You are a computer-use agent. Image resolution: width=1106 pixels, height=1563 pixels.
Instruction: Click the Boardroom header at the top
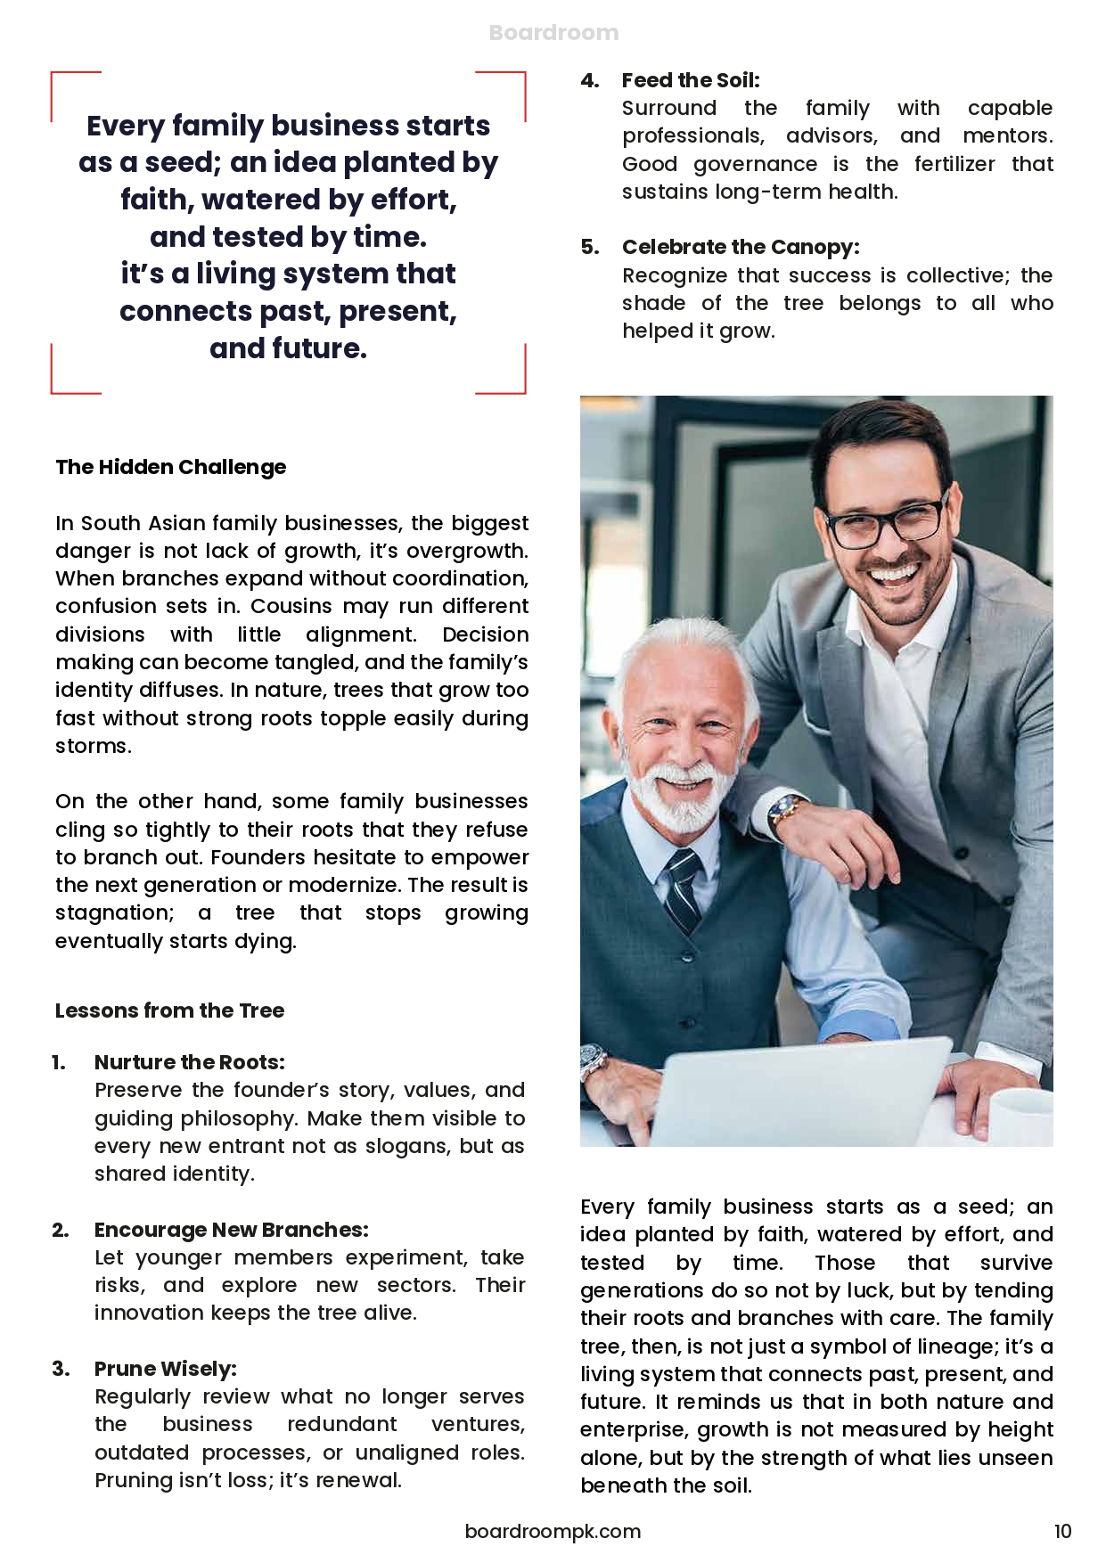coord(553,33)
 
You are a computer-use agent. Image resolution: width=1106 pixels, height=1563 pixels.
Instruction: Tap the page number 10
coord(1062,1531)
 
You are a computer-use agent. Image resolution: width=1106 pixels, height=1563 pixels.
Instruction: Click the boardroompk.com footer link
coord(553,1531)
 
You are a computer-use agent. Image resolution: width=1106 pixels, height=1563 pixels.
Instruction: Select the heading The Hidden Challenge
coord(171,467)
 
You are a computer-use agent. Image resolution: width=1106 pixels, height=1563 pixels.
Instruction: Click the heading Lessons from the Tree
coord(169,1010)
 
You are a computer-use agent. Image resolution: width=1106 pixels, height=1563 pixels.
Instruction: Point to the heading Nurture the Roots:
coord(190,1062)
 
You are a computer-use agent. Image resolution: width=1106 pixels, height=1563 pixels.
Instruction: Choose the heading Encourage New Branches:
coord(231,1230)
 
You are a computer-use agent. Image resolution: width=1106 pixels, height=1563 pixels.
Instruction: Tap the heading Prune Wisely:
coord(166,1369)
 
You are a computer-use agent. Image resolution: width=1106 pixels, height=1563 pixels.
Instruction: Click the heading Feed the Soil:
coord(691,80)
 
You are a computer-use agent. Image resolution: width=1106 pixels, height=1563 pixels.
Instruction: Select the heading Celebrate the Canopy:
coord(741,247)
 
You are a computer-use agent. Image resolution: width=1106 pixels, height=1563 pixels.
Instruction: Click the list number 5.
coord(590,247)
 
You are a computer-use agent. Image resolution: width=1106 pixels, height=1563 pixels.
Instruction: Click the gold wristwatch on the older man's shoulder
coord(788,812)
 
